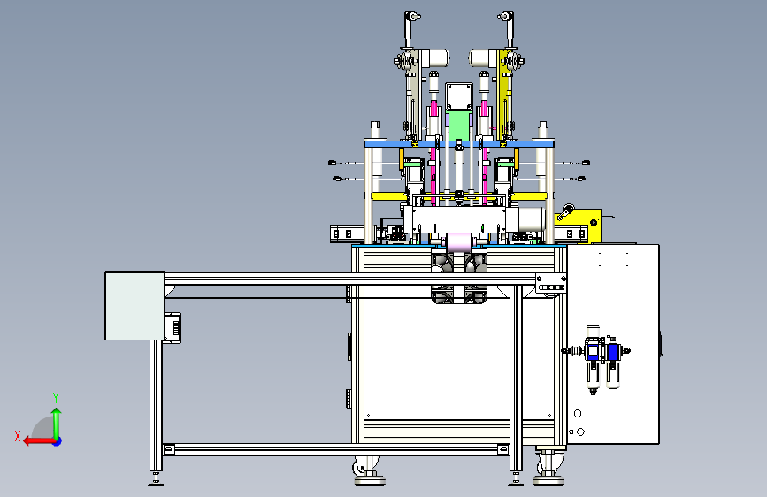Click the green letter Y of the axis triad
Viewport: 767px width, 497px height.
tap(56, 397)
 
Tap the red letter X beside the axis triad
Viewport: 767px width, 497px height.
tap(18, 436)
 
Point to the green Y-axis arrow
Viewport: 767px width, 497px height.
tap(57, 423)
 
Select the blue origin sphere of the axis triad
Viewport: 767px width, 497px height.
tap(58, 441)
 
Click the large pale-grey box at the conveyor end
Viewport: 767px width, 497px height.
tap(134, 306)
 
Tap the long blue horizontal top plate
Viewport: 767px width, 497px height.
tap(459, 144)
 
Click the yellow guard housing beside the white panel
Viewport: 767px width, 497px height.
tap(582, 224)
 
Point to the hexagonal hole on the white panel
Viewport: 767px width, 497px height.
tap(578, 413)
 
